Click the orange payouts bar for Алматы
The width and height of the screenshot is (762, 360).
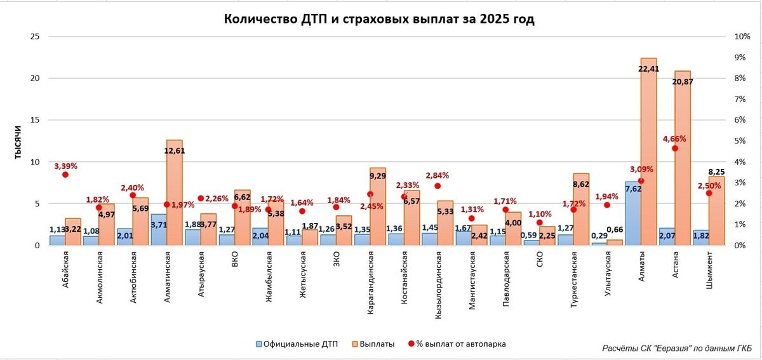[x=648, y=152]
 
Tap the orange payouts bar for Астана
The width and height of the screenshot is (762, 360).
[x=682, y=159]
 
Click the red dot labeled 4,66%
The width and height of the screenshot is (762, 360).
[x=675, y=149]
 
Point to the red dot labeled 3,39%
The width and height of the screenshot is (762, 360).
[x=65, y=175]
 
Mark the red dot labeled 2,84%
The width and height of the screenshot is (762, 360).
[x=438, y=186]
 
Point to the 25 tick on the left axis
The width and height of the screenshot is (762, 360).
[x=35, y=37]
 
